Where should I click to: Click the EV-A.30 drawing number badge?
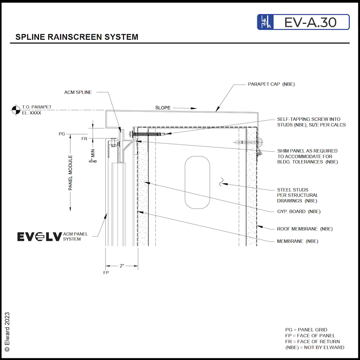tap(303, 22)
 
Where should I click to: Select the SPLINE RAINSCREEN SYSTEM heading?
tap(77, 37)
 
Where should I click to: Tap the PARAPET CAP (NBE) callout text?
tap(271, 84)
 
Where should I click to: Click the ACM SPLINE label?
tap(78, 92)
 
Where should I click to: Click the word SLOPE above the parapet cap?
tap(163, 108)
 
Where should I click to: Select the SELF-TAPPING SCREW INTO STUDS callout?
tap(311, 122)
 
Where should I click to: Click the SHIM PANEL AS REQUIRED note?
tap(307, 156)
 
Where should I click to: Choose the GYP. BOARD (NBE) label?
tap(298, 211)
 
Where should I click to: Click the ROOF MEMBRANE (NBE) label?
tap(304, 229)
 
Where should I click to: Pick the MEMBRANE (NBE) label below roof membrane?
tap(297, 241)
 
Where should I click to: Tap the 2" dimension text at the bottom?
tap(121, 266)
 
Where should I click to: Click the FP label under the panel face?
tap(106, 273)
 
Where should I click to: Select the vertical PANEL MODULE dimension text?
tap(70, 173)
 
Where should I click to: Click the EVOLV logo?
tap(39, 237)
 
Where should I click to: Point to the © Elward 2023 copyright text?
tap(7, 331)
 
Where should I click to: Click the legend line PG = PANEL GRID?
tap(306, 330)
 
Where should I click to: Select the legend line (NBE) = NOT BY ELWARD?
tap(315, 347)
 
